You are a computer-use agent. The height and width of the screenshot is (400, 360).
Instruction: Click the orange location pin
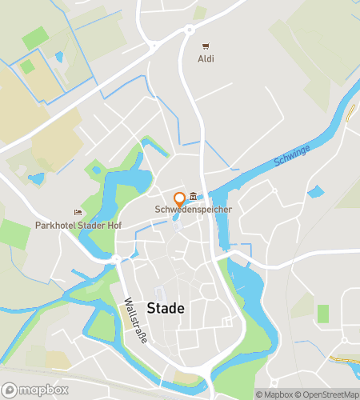click(180, 198)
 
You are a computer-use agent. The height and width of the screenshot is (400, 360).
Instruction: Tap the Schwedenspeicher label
click(194, 210)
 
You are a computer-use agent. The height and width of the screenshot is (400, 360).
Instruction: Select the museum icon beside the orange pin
click(194, 197)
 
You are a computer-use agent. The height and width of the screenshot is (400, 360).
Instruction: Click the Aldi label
click(206, 59)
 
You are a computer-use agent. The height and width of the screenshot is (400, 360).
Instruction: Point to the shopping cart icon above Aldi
click(206, 46)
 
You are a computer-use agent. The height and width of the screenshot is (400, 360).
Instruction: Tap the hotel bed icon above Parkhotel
click(78, 213)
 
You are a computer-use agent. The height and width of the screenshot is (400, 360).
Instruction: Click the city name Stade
click(166, 308)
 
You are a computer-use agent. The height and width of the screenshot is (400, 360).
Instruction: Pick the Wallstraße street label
click(135, 321)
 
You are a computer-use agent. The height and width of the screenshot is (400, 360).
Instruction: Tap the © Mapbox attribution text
click(274, 394)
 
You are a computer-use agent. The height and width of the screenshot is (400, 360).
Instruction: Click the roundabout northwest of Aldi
click(190, 30)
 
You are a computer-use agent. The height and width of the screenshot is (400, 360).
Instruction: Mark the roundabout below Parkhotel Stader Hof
click(117, 259)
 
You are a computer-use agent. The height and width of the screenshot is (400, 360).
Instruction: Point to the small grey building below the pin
click(178, 228)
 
